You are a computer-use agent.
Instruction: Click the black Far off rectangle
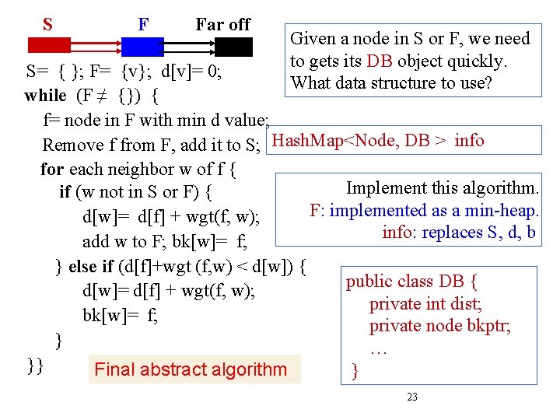pos(233,46)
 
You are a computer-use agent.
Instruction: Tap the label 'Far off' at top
pos(222,24)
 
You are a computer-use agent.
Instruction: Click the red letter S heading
pos(48,24)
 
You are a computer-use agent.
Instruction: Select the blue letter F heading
pos(143,24)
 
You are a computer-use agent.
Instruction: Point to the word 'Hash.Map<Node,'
pos(338,141)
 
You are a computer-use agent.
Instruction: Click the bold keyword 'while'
pos(46,96)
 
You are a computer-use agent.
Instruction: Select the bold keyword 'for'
pos(52,168)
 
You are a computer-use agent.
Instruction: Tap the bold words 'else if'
pos(93,268)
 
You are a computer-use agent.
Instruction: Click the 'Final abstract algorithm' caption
pos(191,369)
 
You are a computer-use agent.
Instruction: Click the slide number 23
pos(412,397)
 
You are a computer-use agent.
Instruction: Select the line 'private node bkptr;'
pos(440,325)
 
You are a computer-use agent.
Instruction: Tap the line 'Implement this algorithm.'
pos(442,188)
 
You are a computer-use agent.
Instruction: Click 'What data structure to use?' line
pos(391,82)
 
